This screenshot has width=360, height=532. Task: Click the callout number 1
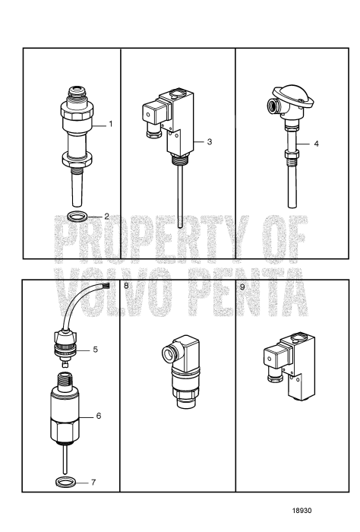coord(110,123)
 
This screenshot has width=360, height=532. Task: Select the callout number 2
coord(107,217)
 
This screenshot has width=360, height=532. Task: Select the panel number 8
coord(126,287)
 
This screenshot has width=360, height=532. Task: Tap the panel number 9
coord(242,287)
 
